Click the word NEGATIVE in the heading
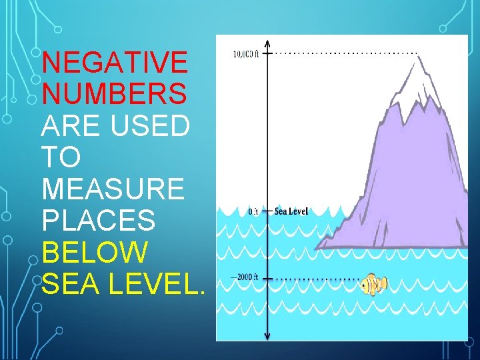pos(114,63)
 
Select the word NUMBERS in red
pos(114,94)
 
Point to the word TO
pos(61,157)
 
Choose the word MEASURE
pos(112,189)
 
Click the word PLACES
pos(98,221)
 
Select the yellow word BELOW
pos(95,253)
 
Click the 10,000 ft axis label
pos(246,54)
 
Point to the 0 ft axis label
pos(253,211)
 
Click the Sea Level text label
pos(291,211)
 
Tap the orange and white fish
pos(373,285)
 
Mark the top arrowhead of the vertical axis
pos(267,41)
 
